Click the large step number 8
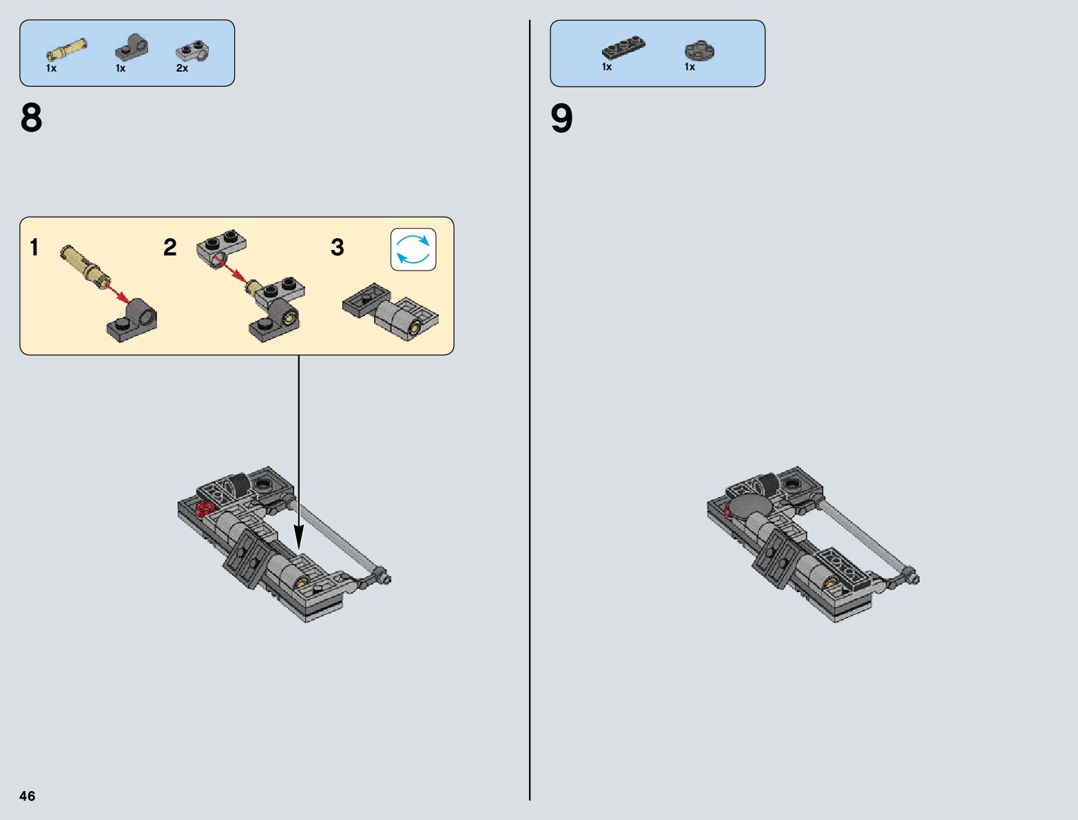click(x=32, y=118)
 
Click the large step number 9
click(x=561, y=118)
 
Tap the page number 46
click(x=27, y=795)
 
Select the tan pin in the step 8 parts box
click(x=66, y=50)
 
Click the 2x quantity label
click(x=183, y=68)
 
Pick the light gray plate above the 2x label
click(x=192, y=50)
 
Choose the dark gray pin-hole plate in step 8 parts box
click(x=132, y=47)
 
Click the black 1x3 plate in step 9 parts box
click(x=623, y=47)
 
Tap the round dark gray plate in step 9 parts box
click(x=699, y=50)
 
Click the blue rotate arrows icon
click(x=413, y=249)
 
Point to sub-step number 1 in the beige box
click(x=34, y=247)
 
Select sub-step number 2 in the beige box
click(x=170, y=247)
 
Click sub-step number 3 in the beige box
click(x=338, y=247)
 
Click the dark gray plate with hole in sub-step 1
click(x=132, y=320)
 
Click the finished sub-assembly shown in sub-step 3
click(x=391, y=312)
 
